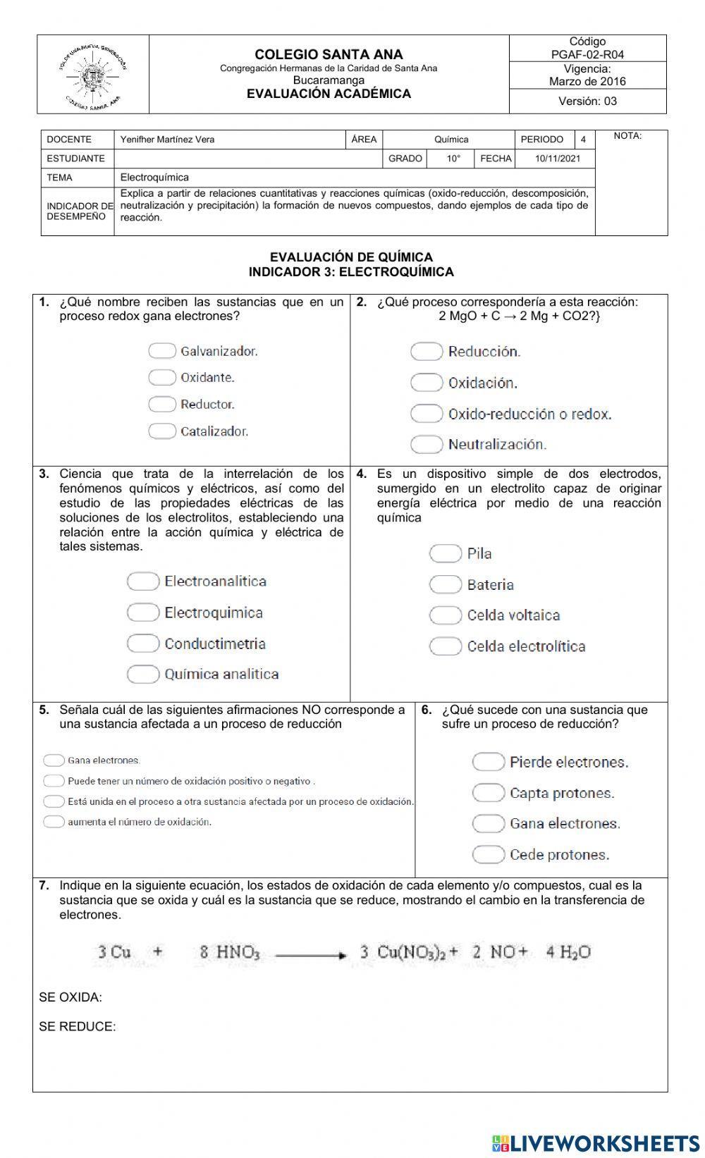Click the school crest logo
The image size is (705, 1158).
click(93, 75)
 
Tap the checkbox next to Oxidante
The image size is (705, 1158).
click(161, 378)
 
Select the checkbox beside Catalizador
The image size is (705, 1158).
click(161, 431)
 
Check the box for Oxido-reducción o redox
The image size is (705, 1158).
click(426, 414)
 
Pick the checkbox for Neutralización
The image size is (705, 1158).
click(426, 444)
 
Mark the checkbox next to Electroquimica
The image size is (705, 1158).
click(142, 612)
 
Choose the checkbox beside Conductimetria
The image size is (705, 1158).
click(142, 643)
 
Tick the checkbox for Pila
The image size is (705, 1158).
click(445, 553)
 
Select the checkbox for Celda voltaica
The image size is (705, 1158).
click(445, 615)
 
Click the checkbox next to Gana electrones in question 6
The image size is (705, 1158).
click(488, 823)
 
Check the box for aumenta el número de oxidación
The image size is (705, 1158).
click(54, 822)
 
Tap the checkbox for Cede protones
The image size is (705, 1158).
click(488, 855)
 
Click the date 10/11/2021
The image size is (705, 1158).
click(557, 159)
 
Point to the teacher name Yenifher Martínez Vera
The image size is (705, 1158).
click(167, 140)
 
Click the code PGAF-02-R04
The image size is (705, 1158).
click(587, 54)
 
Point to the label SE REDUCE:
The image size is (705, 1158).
click(78, 1027)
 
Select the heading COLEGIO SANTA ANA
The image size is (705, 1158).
click(329, 54)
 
